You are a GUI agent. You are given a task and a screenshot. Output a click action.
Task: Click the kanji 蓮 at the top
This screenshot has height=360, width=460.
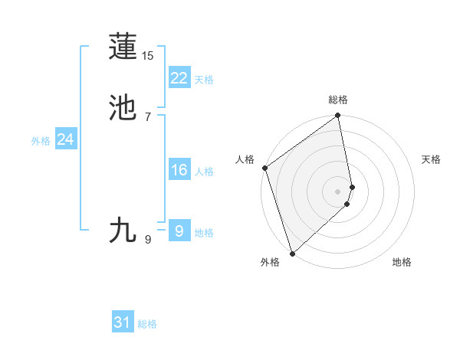click(x=123, y=47)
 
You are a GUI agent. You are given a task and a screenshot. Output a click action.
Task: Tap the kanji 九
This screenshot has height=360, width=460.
click(x=123, y=231)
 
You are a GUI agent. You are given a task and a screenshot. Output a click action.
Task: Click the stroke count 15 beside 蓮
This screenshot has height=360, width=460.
click(x=148, y=56)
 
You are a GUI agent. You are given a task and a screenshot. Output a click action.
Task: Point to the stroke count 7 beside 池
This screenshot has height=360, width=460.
click(x=148, y=116)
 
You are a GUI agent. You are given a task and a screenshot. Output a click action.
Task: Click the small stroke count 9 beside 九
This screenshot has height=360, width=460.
click(x=148, y=240)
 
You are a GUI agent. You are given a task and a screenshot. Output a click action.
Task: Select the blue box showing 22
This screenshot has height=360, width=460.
click(x=179, y=78)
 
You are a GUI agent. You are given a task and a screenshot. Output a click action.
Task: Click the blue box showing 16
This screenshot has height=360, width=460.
click(x=179, y=170)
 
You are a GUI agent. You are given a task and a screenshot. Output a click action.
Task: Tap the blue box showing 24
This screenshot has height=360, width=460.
click(x=65, y=139)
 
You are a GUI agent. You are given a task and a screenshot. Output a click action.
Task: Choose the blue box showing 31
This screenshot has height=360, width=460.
click(x=123, y=322)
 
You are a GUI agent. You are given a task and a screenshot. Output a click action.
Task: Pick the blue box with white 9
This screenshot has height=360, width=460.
click(x=179, y=231)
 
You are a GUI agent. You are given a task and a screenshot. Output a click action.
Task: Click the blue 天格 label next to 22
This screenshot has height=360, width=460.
click(x=204, y=80)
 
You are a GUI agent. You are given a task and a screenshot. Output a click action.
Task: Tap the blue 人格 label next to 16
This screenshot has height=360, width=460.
click(x=204, y=172)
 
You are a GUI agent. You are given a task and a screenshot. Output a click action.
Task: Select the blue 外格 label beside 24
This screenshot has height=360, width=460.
click(x=41, y=141)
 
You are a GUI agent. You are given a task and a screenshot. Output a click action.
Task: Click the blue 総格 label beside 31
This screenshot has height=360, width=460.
click(x=147, y=324)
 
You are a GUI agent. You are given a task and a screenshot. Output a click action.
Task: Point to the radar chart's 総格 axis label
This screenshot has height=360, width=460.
click(x=338, y=100)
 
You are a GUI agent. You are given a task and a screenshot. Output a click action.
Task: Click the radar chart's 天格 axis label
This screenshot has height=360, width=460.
click(x=432, y=159)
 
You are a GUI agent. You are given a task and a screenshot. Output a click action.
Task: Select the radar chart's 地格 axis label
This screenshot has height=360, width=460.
click(x=402, y=262)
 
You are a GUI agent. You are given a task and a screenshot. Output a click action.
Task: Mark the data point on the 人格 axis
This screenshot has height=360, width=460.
click(x=264, y=168)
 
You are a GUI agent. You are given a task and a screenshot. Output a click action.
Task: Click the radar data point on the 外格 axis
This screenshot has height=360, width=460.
click(x=292, y=253)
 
